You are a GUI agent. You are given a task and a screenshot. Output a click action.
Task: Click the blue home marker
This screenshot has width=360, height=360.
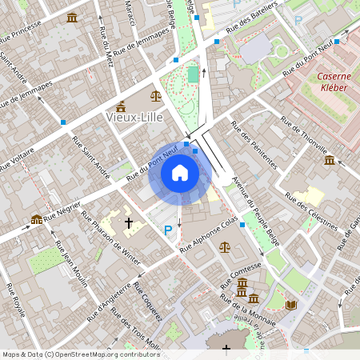tap(179, 173)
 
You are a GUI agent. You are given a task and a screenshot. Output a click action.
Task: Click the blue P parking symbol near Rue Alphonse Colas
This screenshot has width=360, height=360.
tap(168, 230)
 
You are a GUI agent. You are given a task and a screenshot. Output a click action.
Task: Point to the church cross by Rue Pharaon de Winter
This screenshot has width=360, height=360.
tap(128, 222)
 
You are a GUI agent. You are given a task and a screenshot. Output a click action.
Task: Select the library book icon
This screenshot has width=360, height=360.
tap(290, 305)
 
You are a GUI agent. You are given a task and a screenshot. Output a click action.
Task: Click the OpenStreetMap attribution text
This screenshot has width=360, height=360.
tap(81, 354)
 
